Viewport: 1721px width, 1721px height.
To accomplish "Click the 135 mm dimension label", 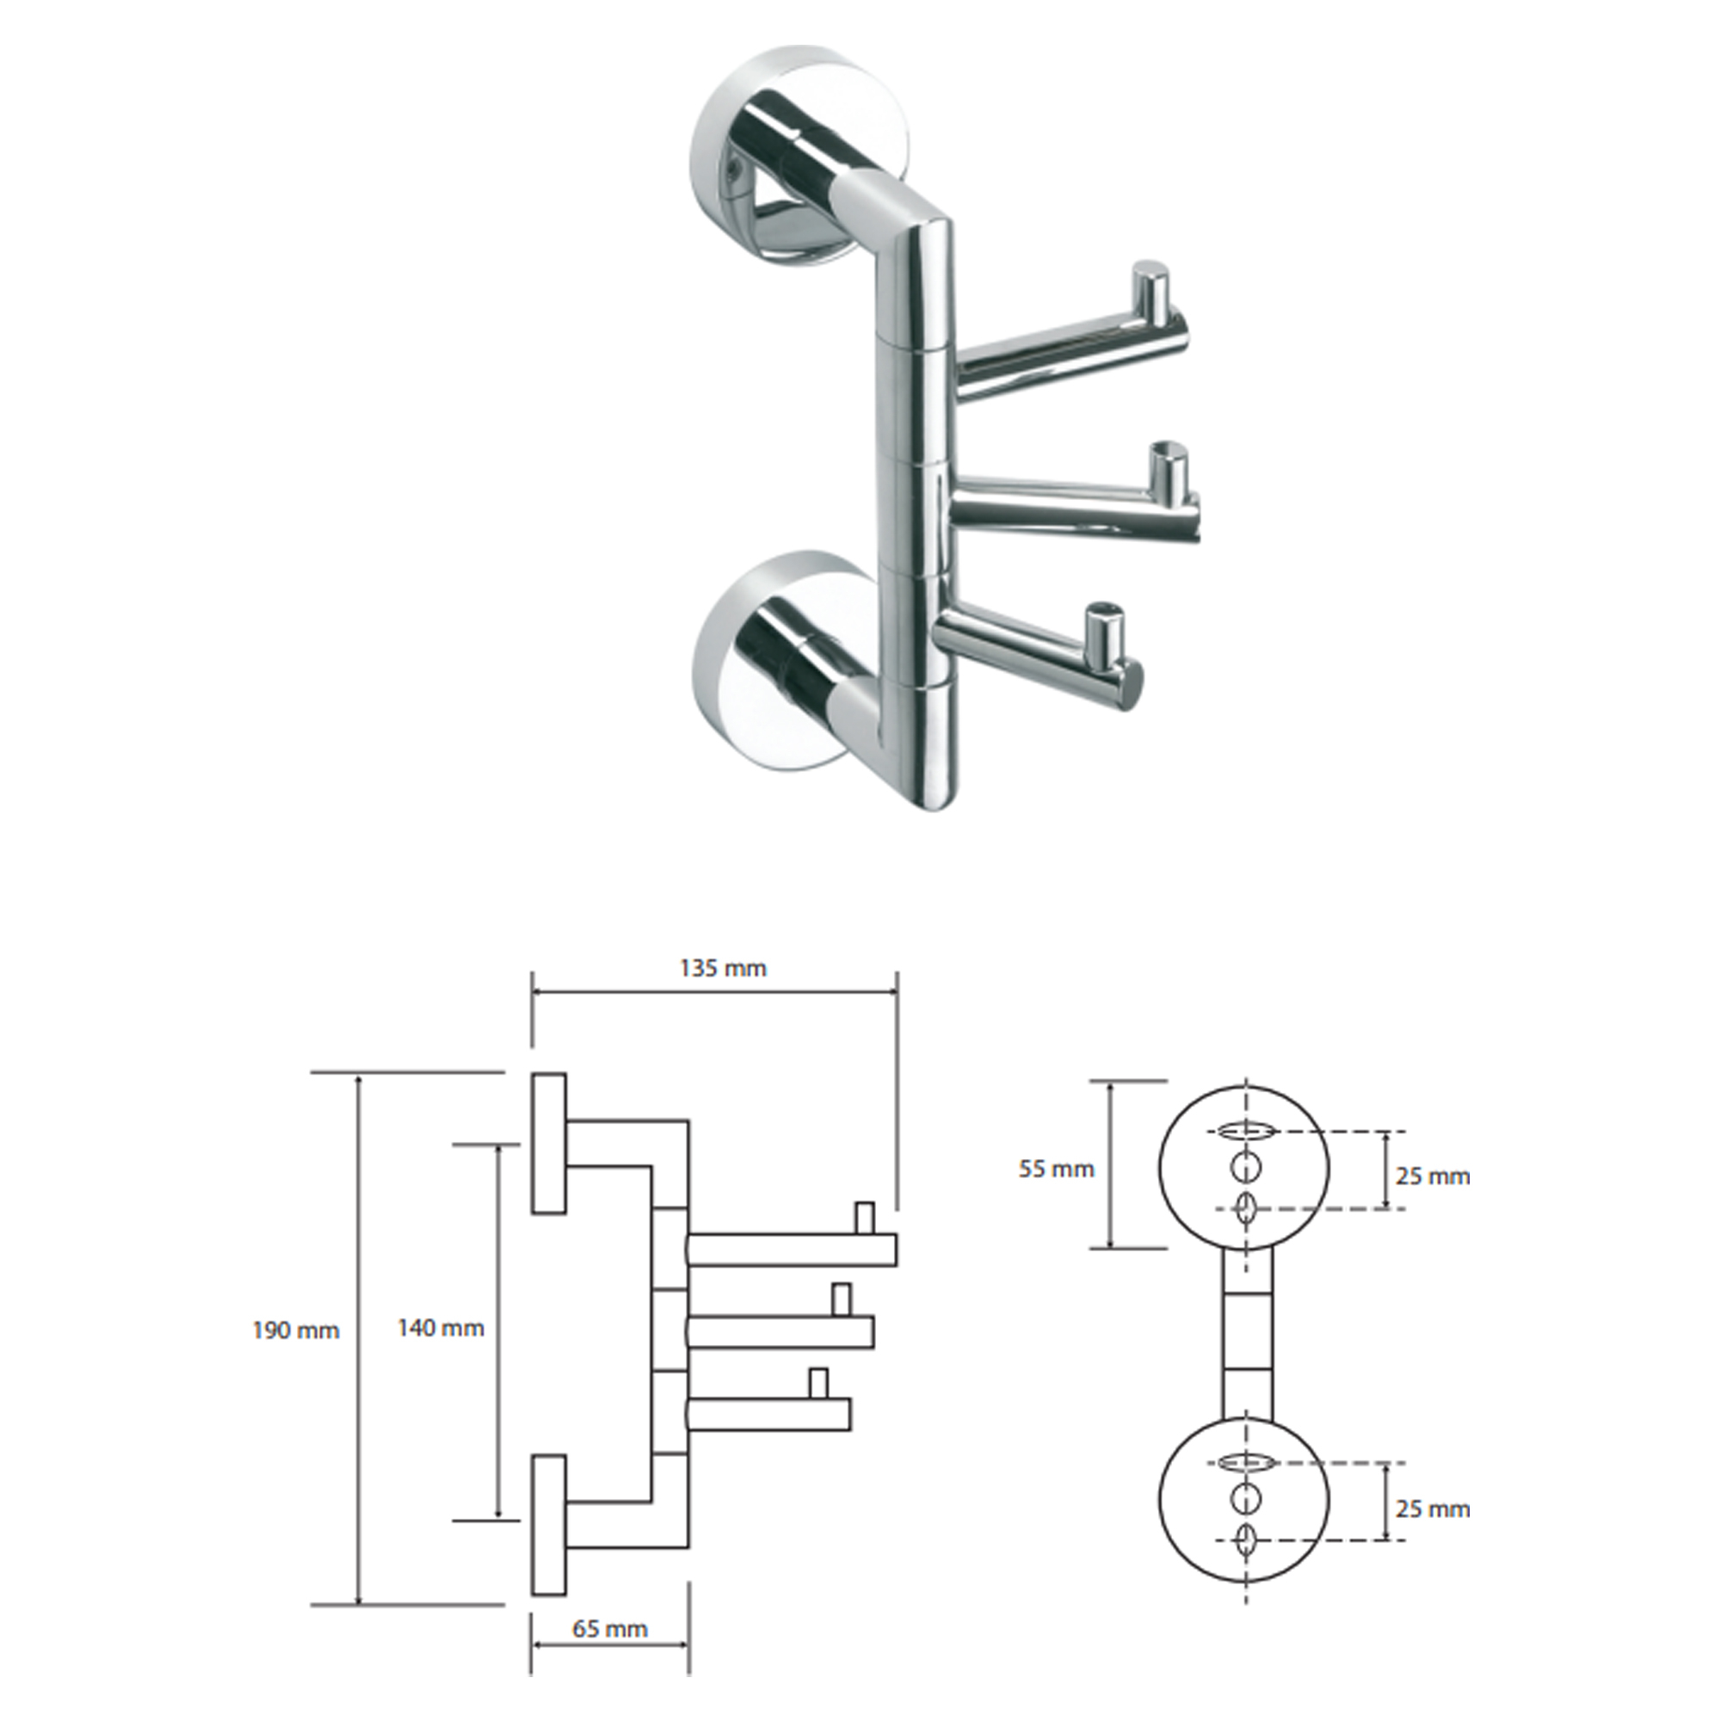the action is (x=723, y=968).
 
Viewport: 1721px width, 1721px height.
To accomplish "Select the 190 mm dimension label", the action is (x=296, y=1331).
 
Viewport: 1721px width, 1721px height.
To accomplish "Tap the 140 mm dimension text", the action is (x=440, y=1328).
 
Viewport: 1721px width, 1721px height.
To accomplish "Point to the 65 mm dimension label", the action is (x=609, y=1629).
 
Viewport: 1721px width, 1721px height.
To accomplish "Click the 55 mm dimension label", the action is (x=1057, y=1169).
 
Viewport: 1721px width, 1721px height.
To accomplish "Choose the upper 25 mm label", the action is (x=1433, y=1176).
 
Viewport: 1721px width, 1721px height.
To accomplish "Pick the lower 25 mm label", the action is (x=1433, y=1509).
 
